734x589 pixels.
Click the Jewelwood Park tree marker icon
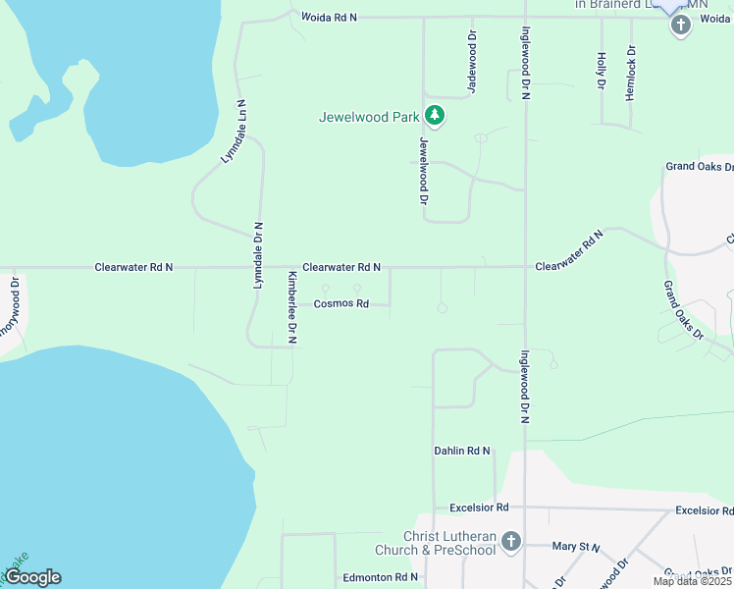435,117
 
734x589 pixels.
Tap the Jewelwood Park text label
369,117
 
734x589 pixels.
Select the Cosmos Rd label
341,304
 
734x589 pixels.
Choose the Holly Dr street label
601,72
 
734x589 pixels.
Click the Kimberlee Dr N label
291,307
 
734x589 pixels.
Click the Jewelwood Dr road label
424,170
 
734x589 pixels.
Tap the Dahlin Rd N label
461,452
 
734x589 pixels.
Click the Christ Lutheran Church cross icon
510,541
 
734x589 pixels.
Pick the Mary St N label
576,546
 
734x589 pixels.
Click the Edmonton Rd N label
381,578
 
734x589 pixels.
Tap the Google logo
32,578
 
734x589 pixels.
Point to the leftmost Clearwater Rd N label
133,267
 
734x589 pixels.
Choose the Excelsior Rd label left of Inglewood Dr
479,508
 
